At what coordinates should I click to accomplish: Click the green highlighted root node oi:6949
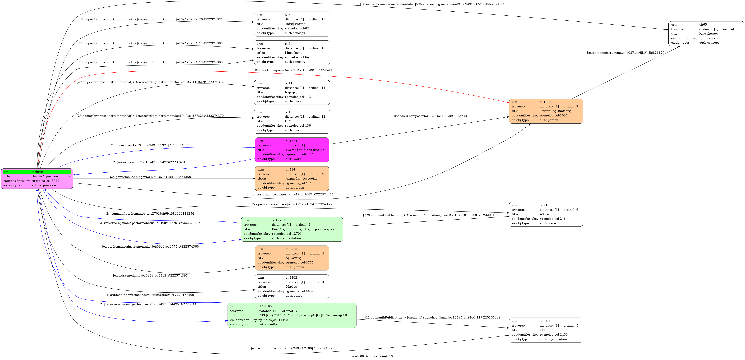[x=37, y=179]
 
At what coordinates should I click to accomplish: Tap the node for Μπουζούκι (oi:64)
[x=292, y=53]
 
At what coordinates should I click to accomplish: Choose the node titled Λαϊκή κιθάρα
[x=292, y=24]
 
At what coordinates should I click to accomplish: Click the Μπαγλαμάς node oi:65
[x=706, y=34]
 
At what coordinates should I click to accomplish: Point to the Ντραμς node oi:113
[x=292, y=92]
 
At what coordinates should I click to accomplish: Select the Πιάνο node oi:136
[x=292, y=121]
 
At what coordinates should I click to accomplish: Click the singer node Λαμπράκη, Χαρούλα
[x=292, y=179]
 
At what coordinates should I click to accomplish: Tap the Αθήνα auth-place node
[x=546, y=214]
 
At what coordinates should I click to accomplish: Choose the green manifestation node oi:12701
[x=292, y=229]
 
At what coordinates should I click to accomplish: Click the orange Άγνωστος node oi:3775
[x=292, y=258]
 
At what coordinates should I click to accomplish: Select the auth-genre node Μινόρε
[x=292, y=286]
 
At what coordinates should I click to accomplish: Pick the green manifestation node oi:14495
[x=292, y=315]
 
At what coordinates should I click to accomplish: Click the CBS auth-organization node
[x=546, y=330]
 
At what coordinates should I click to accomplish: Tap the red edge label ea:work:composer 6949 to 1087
[x=292, y=70]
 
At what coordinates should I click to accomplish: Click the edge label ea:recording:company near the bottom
[x=292, y=348]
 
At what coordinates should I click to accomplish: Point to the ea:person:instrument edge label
[x=625, y=53]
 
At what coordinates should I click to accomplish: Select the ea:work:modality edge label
[x=150, y=276]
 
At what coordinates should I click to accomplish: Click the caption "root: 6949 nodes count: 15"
[x=372, y=356]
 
